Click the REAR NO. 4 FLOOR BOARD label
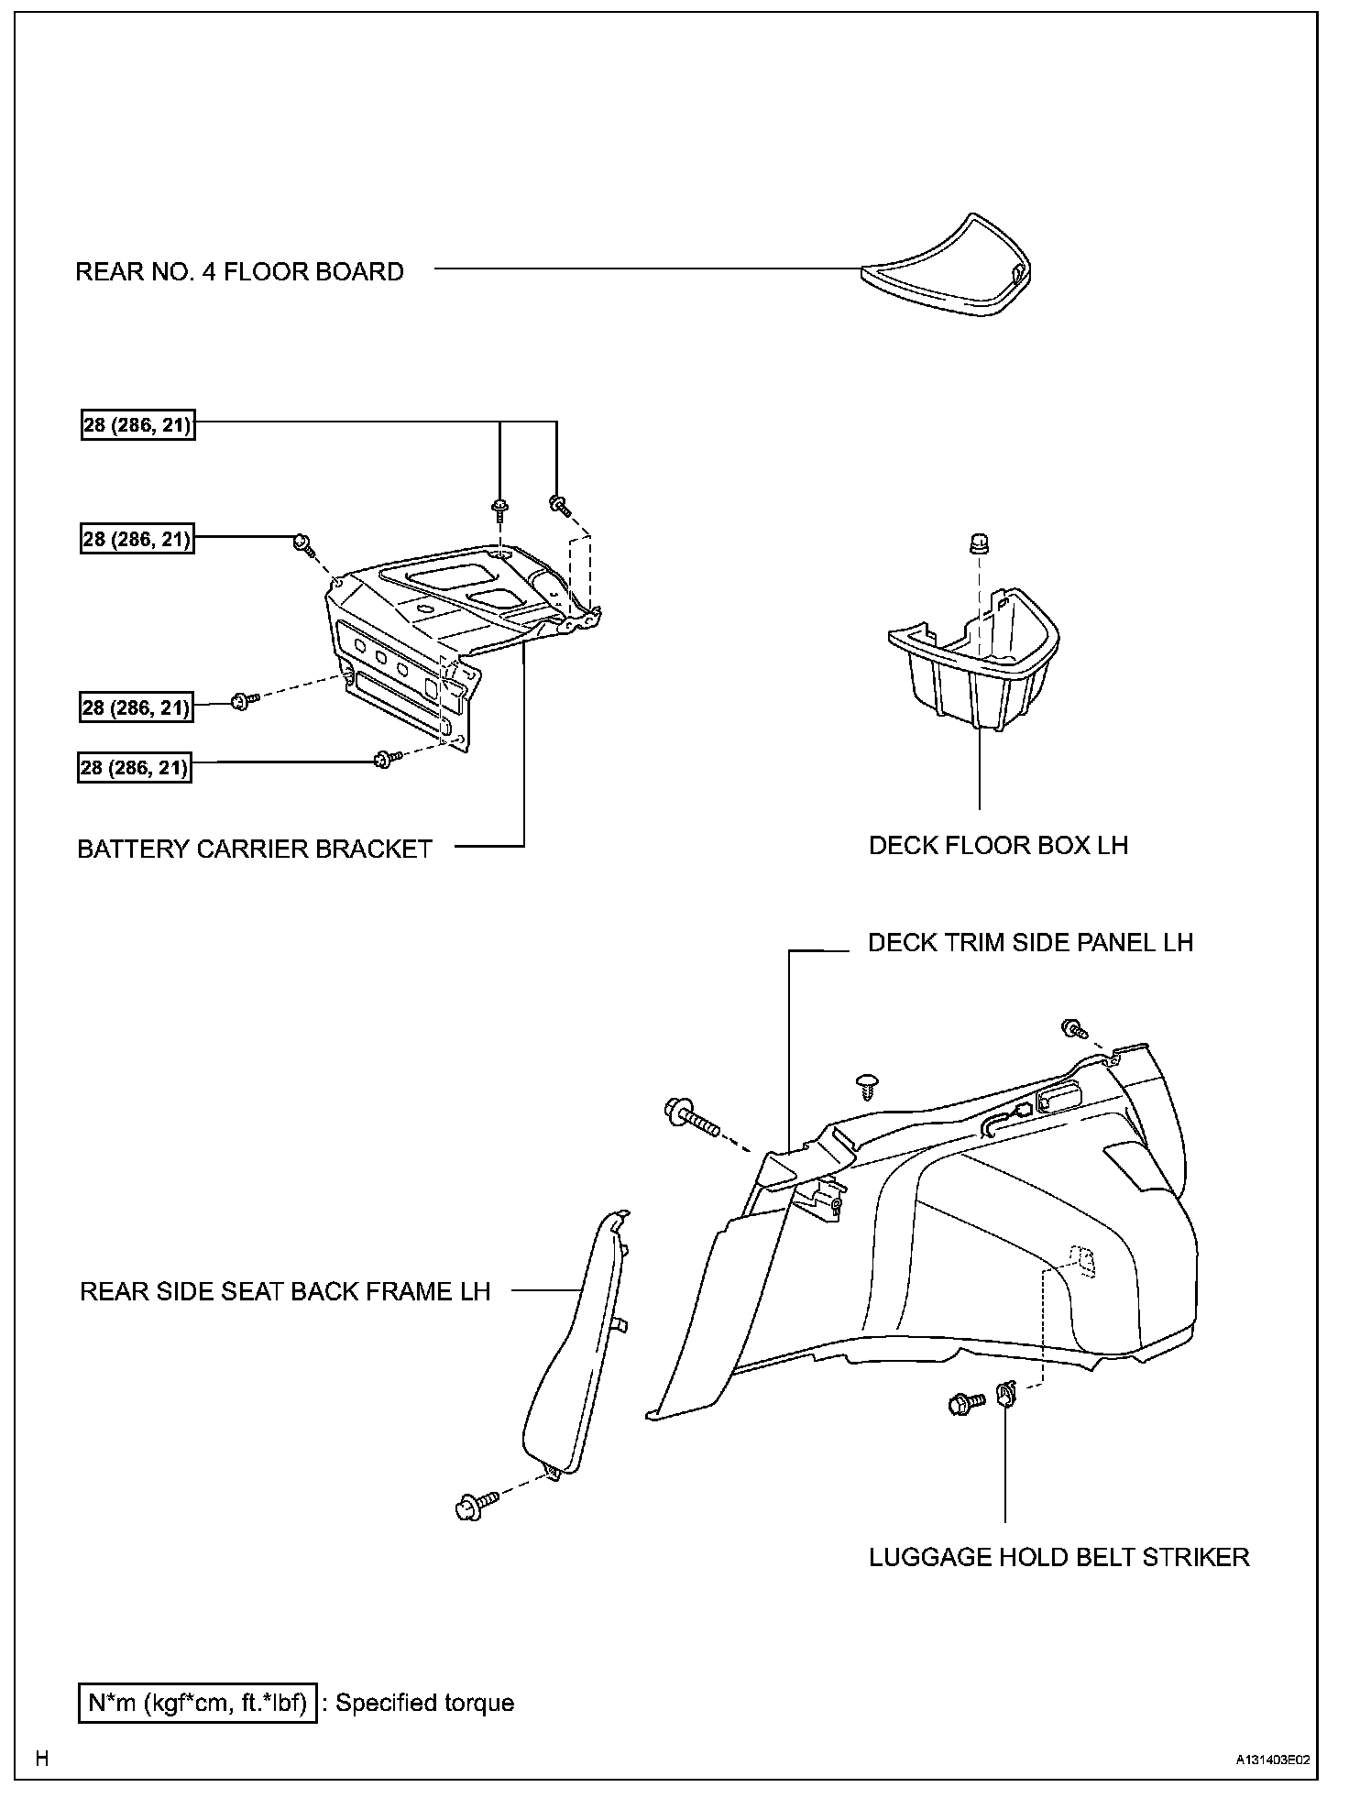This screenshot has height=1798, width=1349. click(239, 272)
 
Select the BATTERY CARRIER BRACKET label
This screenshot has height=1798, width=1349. click(255, 849)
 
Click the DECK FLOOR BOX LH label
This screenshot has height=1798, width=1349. click(998, 845)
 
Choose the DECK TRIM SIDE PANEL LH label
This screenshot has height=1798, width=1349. click(1030, 943)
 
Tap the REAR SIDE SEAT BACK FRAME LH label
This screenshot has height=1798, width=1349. click(285, 1291)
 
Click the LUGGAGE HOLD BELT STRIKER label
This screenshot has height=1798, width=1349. click(1058, 1557)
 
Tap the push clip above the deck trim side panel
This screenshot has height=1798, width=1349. click(866, 1086)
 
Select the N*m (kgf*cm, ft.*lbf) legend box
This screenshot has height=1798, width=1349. click(197, 1703)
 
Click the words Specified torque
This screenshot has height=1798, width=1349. click(425, 1703)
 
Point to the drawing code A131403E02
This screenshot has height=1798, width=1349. click(1271, 1760)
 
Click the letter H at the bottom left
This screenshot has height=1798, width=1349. click(41, 1759)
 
